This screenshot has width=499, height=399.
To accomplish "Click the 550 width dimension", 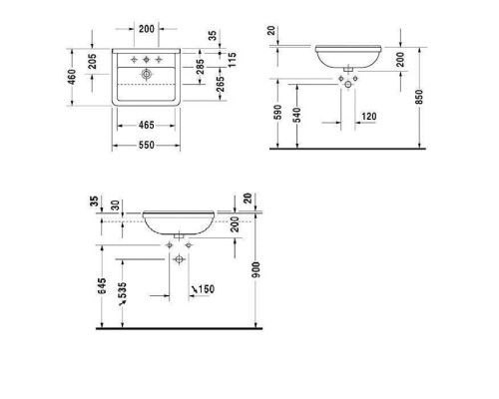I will point(145,145).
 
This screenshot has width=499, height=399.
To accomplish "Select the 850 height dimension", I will point(421,96).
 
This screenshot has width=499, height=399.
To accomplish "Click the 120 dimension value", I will point(368,118).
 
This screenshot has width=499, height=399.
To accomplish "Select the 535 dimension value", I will point(124,293).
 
